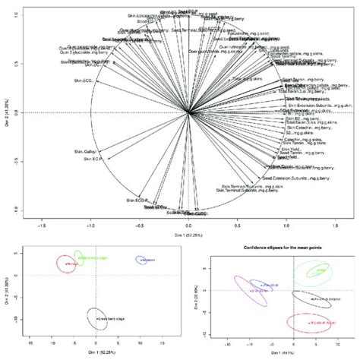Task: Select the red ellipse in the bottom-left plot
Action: (67, 264)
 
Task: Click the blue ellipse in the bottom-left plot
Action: (144, 261)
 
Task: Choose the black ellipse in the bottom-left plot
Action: (96, 319)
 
